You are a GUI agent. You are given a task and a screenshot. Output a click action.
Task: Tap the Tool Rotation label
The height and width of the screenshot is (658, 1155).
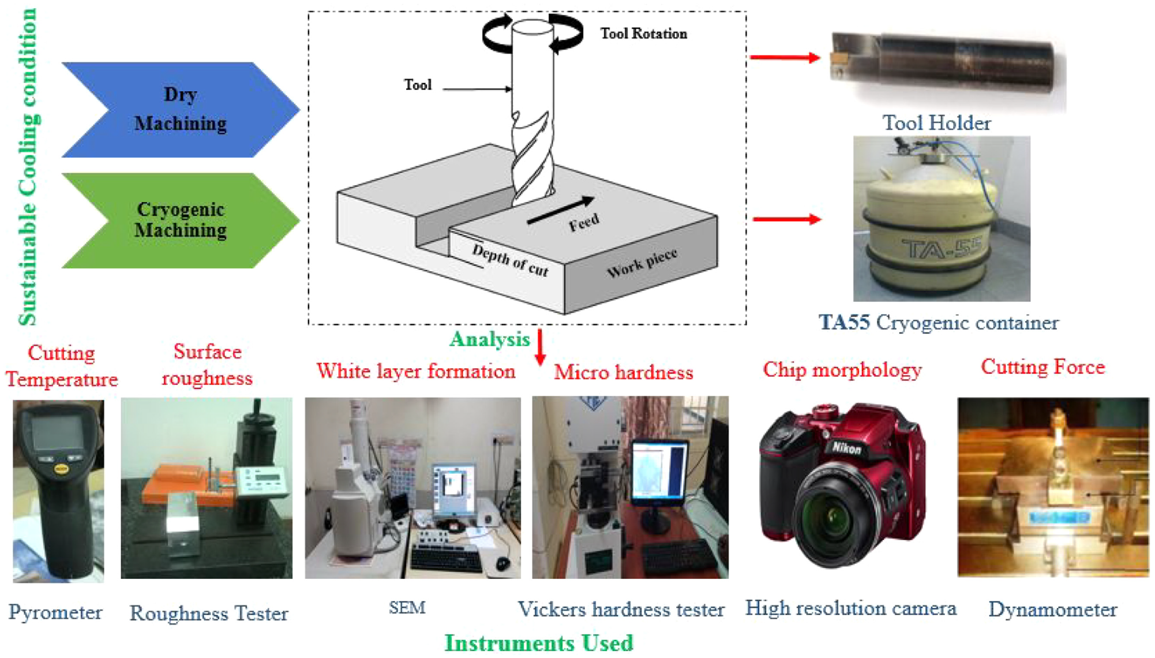pyautogui.click(x=644, y=33)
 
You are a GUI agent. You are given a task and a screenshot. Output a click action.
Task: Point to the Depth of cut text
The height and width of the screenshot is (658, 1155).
pyautogui.click(x=510, y=260)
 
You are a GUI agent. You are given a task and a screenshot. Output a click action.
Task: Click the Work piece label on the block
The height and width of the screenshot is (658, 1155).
pyautogui.click(x=642, y=263)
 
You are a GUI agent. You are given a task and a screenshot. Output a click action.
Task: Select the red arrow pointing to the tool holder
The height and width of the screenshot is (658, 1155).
pyautogui.click(x=785, y=57)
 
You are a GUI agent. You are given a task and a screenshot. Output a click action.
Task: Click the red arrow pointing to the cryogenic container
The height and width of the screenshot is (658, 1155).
pyautogui.click(x=787, y=219)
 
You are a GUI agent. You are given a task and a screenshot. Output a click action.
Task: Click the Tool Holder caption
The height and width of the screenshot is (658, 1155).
pyautogui.click(x=937, y=123)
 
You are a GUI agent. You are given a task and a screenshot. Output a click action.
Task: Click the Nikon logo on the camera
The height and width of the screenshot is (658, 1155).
pyautogui.click(x=846, y=448)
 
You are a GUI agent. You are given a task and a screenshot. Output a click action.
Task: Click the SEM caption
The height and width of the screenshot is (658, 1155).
pyautogui.click(x=407, y=607)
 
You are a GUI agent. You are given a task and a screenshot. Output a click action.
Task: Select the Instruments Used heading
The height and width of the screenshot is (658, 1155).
pyautogui.click(x=539, y=643)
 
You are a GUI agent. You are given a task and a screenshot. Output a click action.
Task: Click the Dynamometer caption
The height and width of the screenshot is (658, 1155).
pyautogui.click(x=1053, y=610)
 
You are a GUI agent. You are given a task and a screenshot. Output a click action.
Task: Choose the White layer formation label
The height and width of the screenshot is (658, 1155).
pyautogui.click(x=416, y=371)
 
